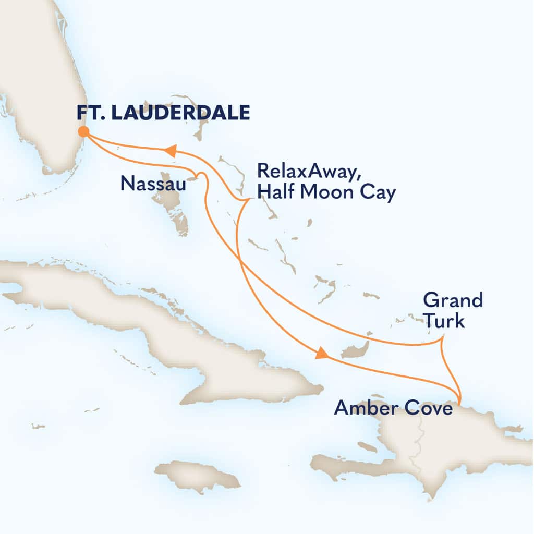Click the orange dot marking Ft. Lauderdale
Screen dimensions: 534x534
click(83, 131)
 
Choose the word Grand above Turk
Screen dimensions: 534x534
click(453, 301)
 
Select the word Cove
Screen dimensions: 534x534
click(428, 408)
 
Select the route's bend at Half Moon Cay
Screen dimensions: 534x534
click(245, 199)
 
